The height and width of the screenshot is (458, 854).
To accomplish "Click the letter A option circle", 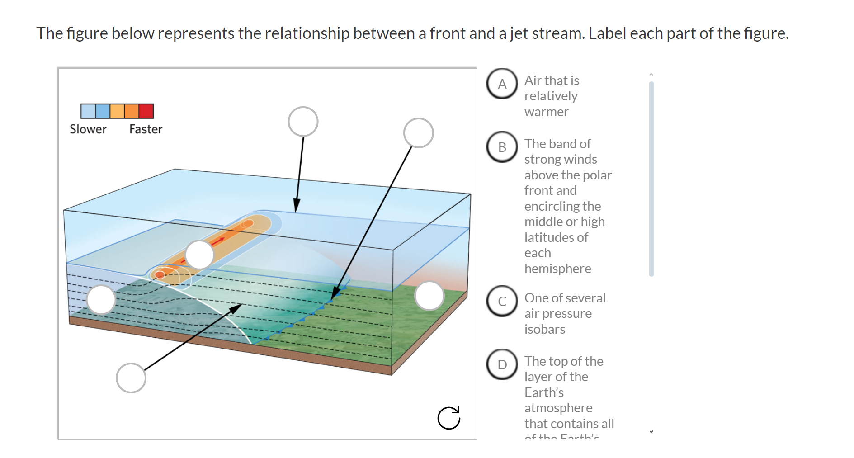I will (502, 84).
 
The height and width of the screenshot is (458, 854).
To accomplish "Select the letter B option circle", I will (502, 147).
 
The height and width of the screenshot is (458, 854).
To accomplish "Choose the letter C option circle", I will (502, 301).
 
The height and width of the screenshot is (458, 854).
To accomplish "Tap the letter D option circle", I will (502, 364).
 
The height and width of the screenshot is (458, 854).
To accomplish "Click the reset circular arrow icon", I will (448, 418).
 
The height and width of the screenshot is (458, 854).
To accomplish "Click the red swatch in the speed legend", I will (146, 111).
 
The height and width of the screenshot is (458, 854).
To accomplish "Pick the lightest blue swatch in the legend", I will (88, 111).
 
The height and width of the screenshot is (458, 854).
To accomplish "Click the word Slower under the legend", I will (88, 129).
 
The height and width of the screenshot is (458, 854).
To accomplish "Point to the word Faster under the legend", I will (146, 129).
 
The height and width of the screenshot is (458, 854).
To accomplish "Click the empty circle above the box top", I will (303, 122).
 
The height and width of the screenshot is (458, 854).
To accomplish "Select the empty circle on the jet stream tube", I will (199, 255).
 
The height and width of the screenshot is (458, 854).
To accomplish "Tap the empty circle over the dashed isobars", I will (101, 299).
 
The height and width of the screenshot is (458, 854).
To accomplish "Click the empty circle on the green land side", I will (429, 296).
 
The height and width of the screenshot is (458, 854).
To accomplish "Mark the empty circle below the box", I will (131, 378).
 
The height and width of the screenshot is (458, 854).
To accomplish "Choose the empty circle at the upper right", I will (418, 133).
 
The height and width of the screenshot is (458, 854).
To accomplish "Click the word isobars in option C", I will (544, 329).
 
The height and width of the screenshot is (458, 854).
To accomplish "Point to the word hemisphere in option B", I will (557, 269).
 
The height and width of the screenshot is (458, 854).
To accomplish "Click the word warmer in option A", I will (546, 112).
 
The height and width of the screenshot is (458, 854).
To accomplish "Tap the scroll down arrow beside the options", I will (651, 432).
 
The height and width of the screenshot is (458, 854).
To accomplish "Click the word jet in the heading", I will (519, 33).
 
